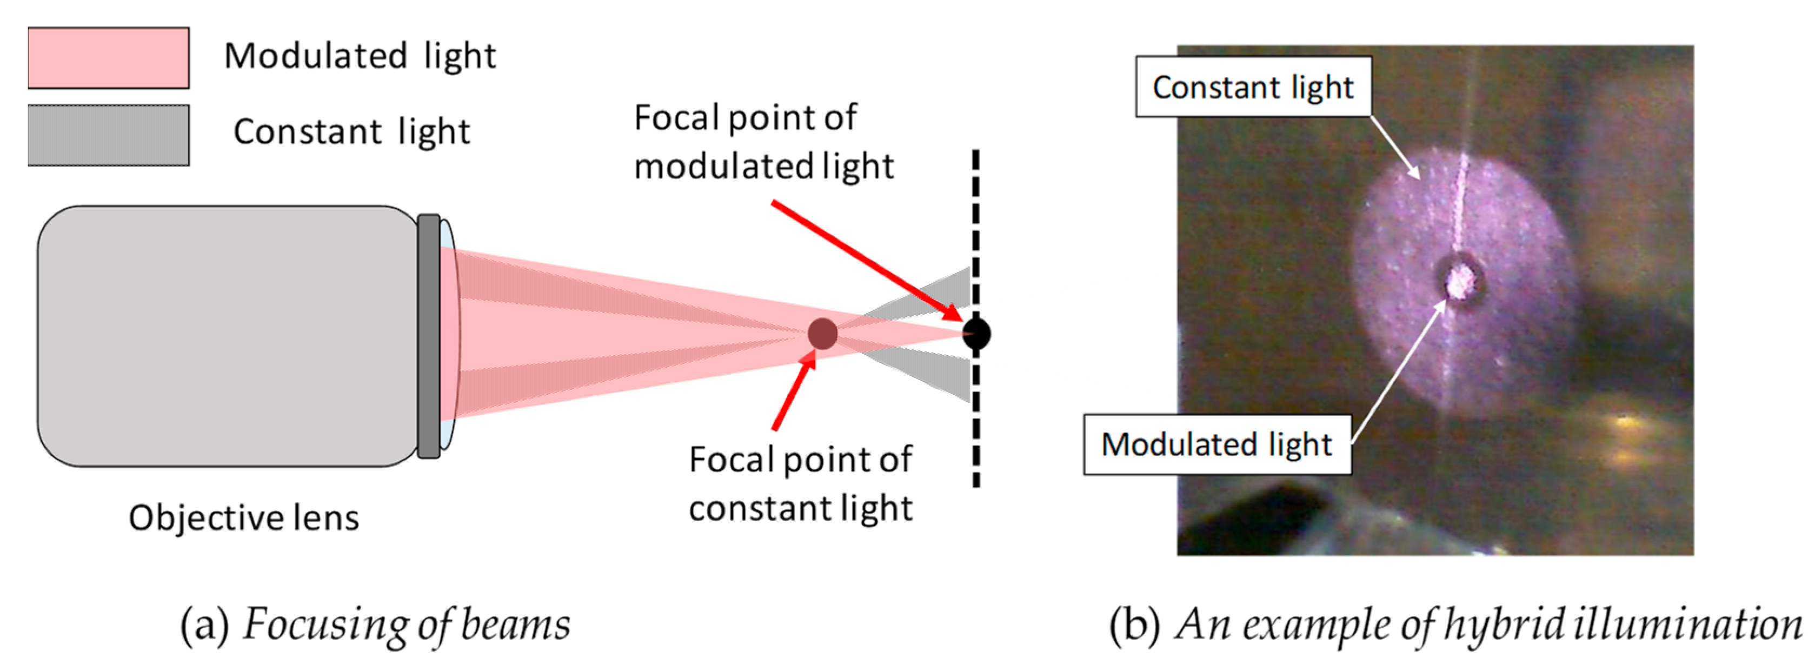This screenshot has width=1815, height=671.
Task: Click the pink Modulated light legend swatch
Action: [x=109, y=58]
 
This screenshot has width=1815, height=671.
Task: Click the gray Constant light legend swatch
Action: [x=109, y=135]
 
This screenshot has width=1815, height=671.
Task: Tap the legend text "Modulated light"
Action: [x=360, y=56]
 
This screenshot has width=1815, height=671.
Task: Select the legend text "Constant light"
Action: [x=351, y=132]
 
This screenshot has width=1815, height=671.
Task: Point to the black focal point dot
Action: [x=976, y=334]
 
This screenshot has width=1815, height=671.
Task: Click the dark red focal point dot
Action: [x=822, y=334]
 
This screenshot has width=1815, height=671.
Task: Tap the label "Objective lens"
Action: [x=244, y=518]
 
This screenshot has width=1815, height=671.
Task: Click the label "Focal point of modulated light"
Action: [x=763, y=142]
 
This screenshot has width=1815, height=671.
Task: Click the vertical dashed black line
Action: [x=976, y=437]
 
